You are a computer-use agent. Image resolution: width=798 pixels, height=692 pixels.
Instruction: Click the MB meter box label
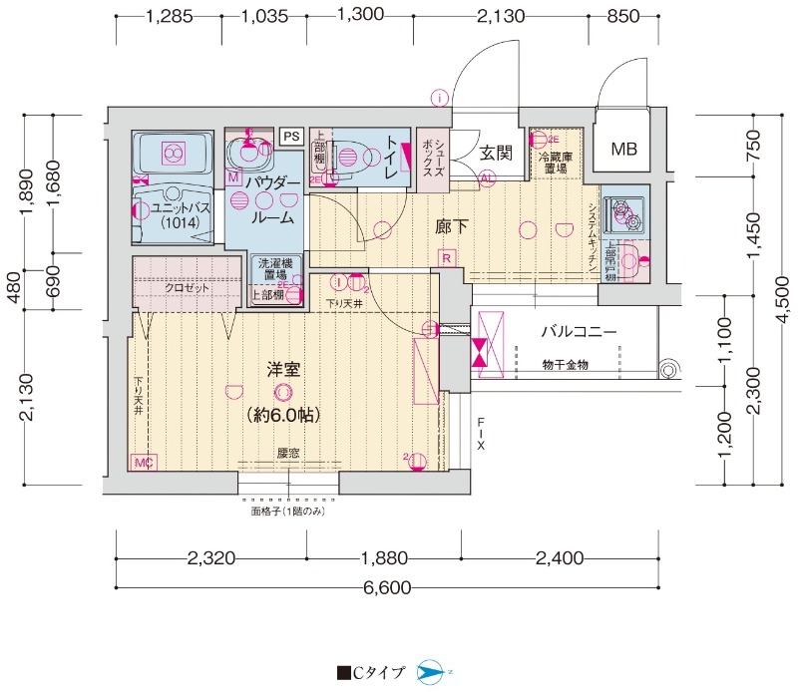[623, 151]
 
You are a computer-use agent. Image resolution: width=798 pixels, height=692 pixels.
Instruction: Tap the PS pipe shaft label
[291, 136]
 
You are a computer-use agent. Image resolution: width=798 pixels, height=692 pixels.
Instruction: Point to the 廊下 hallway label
[452, 226]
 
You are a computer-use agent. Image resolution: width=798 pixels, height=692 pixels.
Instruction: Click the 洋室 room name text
[285, 370]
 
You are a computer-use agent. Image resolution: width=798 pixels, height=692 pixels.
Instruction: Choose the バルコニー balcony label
[579, 332]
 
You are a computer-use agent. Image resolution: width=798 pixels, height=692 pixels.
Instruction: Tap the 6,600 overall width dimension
[387, 587]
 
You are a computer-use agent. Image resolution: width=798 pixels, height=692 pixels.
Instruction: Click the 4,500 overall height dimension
[784, 296]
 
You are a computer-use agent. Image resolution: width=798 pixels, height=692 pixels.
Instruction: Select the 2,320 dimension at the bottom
[210, 558]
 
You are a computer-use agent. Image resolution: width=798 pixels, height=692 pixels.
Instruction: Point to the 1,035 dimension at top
[265, 16]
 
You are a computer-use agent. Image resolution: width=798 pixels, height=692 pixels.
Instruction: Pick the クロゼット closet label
[187, 287]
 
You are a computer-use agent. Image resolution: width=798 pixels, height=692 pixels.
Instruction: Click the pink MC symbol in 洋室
[142, 463]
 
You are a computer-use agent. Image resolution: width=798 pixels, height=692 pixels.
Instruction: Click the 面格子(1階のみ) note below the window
[288, 511]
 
